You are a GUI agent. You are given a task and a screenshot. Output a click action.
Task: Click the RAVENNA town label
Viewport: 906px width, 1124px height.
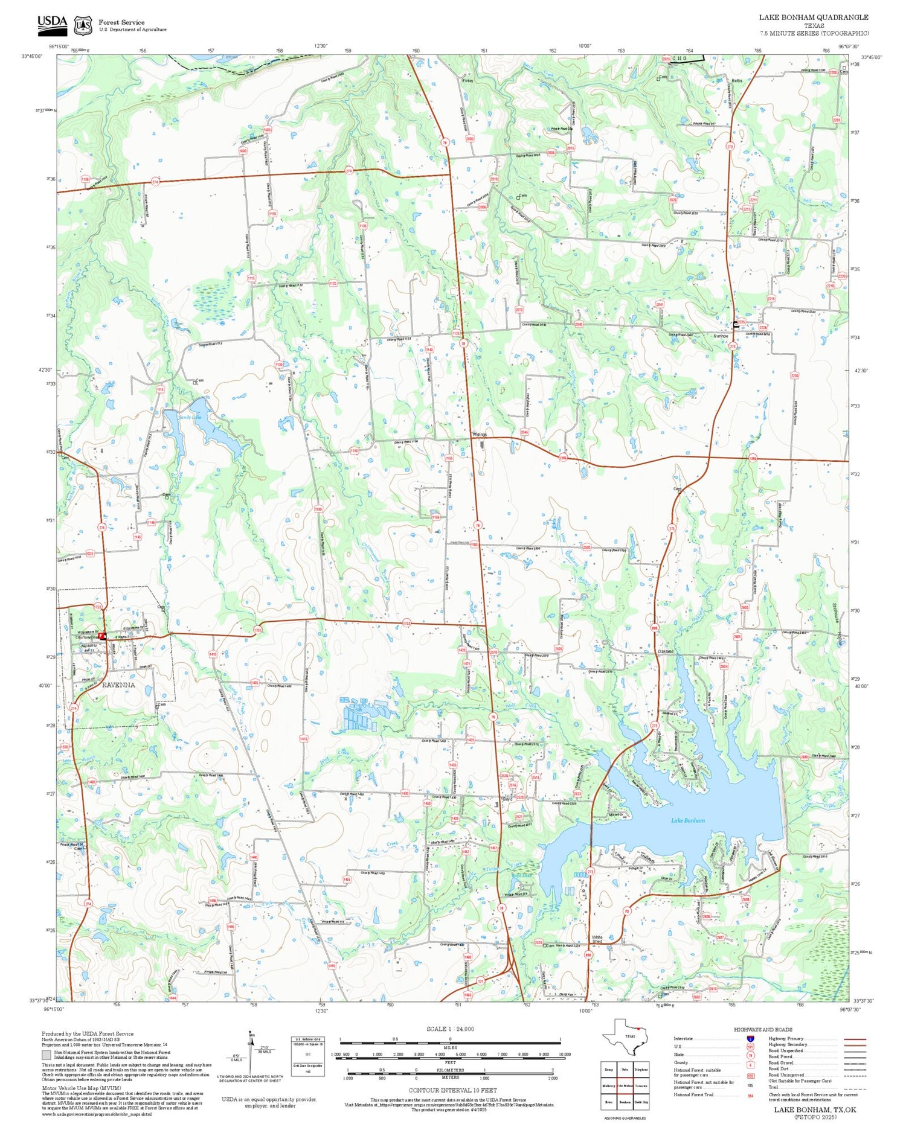coord(118,685)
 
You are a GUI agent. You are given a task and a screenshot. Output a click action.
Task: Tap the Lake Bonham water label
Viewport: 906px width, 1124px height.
coord(687,820)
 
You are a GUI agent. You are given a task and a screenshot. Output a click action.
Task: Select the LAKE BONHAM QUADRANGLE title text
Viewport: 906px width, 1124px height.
coord(813,18)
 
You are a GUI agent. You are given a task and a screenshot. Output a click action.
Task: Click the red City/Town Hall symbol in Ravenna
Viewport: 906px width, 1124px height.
coord(103,636)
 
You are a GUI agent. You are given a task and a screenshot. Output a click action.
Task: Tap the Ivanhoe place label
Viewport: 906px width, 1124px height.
coord(721,336)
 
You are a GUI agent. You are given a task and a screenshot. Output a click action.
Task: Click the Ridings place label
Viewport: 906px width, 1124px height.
coord(480,435)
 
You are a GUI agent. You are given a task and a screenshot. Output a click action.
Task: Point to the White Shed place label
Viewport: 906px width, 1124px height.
coord(597,939)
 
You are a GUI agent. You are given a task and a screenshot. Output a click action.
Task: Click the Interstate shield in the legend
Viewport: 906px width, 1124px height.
coord(750,1039)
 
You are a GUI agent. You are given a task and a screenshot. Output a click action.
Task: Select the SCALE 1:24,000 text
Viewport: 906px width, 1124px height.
coord(450,1029)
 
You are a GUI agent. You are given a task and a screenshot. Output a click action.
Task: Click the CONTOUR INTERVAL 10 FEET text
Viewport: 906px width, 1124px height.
coord(452,1090)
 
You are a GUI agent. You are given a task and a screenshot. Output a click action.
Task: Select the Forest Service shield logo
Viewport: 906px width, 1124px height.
coord(83,25)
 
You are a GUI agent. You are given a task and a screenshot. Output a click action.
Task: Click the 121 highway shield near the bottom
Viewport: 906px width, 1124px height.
coord(481,981)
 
